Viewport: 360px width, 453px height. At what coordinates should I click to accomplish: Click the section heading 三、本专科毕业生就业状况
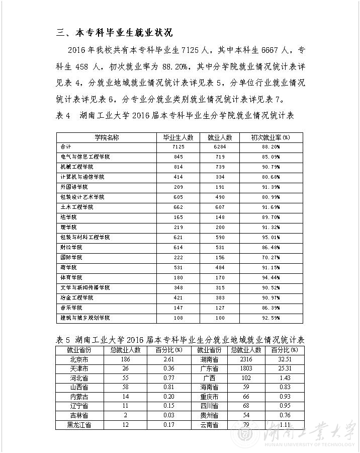pos(115,33)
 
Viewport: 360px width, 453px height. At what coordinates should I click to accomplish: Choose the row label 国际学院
pos(71,257)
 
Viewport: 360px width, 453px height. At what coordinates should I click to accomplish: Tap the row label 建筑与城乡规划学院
pos(85,318)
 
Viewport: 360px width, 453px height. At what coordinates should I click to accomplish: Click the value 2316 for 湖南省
pos(246,359)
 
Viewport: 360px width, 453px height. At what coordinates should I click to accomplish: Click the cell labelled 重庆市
pos(208,397)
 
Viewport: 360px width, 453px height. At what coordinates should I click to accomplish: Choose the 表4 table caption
pos(174,116)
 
